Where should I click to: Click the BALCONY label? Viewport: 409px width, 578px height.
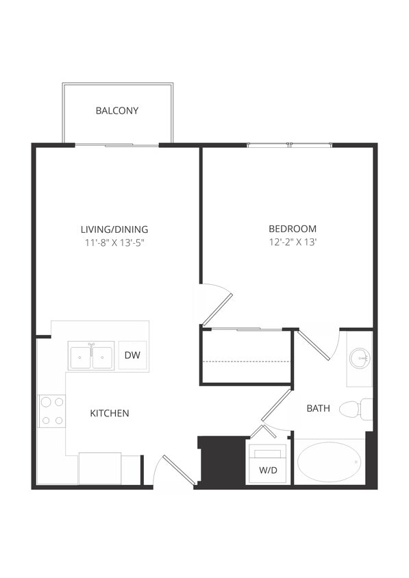click(x=117, y=110)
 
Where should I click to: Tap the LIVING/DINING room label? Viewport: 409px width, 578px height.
click(x=114, y=229)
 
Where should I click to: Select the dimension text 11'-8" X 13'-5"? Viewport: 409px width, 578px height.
click(x=114, y=242)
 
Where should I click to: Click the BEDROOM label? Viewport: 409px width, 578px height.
click(x=293, y=229)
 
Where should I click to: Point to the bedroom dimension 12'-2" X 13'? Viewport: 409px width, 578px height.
click(x=293, y=242)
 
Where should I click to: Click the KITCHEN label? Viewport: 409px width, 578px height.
click(x=110, y=414)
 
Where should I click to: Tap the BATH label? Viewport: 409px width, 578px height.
click(x=318, y=408)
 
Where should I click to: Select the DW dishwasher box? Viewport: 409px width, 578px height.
click(x=133, y=355)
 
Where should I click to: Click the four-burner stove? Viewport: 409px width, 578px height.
click(x=51, y=411)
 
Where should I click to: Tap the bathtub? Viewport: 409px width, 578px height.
click(x=329, y=462)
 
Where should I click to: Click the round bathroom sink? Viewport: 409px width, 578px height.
click(x=359, y=357)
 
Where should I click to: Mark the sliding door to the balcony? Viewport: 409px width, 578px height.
click(x=116, y=144)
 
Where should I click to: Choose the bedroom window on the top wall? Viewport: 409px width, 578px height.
click(x=289, y=144)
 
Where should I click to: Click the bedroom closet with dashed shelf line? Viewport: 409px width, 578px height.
click(x=247, y=356)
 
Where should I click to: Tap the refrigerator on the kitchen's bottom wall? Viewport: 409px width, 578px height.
click(x=99, y=468)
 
